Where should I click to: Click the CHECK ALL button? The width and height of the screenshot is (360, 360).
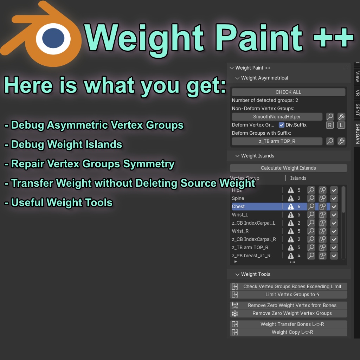point(288,92)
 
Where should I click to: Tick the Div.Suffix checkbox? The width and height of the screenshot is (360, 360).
point(282,125)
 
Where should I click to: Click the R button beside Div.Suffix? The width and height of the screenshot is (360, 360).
point(330,125)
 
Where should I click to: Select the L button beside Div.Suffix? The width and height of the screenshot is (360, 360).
point(341,125)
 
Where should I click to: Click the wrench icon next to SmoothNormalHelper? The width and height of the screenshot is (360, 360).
point(341,117)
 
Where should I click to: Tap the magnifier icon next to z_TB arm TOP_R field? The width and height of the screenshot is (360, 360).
point(330,141)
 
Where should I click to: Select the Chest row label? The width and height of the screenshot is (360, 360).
point(238,207)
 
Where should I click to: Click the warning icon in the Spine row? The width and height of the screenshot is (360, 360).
point(291,199)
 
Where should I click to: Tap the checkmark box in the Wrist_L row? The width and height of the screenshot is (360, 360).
point(334,215)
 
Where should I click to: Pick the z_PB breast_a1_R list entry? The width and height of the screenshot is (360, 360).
point(251,256)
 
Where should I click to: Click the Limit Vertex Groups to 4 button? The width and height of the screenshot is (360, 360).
point(292,295)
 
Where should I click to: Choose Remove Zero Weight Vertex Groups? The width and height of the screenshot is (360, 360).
point(292,313)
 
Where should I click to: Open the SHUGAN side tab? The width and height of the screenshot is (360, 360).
point(357,134)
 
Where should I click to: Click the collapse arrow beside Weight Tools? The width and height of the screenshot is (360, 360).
point(237,274)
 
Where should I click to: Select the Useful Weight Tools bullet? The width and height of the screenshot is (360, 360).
point(62,203)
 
